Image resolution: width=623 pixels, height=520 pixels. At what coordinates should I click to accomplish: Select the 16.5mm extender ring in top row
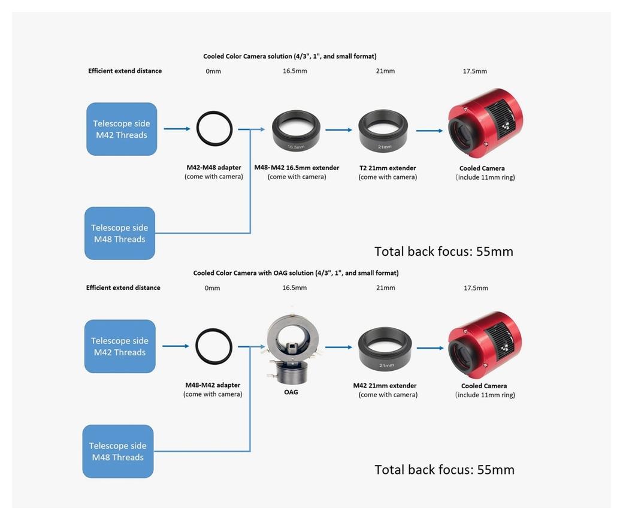point(296,131)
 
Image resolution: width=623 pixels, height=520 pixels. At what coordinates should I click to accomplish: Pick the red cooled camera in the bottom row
point(485,340)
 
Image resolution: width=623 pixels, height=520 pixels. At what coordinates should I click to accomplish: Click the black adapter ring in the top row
point(214,128)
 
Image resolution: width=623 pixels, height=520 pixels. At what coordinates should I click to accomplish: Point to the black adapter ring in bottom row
point(213,346)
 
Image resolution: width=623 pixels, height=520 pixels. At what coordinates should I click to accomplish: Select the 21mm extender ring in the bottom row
point(385,349)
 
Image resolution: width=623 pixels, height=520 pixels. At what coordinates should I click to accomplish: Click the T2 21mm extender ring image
point(383,131)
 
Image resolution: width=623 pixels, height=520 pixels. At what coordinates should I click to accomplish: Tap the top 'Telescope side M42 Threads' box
point(122,129)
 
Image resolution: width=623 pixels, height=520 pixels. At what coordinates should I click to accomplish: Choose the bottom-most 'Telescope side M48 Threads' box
point(118,451)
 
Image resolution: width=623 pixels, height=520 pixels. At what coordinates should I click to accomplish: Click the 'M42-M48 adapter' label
point(214,168)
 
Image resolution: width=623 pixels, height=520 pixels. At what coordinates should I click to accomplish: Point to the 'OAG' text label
point(291,392)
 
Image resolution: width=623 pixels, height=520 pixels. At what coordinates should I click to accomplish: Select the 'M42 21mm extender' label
point(385,386)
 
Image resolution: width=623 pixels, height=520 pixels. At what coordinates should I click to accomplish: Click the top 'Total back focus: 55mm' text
point(443,251)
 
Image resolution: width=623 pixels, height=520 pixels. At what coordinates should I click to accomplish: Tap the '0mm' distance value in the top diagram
point(213,71)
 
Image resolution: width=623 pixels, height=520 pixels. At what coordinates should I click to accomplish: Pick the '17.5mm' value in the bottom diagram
point(476,288)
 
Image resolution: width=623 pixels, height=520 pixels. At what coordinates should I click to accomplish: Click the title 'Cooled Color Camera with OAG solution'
point(295,273)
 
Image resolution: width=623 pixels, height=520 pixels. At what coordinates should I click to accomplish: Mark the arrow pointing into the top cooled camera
point(429,130)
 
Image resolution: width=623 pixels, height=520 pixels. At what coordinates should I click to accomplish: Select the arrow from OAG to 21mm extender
point(338,347)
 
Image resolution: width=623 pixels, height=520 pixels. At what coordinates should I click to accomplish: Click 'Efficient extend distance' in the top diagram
point(125,71)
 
